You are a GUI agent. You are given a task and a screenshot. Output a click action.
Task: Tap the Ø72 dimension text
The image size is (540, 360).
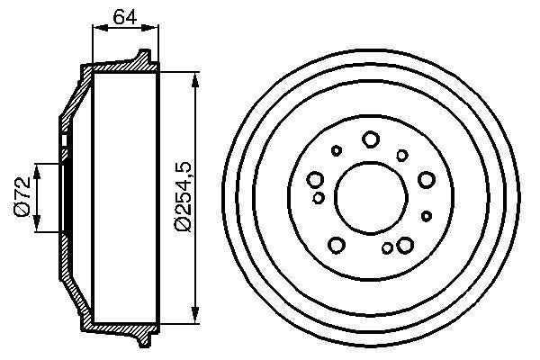(x=24, y=196)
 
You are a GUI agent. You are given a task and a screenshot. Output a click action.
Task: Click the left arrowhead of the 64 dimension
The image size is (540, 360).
(x=97, y=29)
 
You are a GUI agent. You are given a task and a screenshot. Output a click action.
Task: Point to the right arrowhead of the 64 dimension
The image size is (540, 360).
(x=153, y=29)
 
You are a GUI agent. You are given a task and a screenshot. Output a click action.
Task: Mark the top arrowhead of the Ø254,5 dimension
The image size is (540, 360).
(x=194, y=76)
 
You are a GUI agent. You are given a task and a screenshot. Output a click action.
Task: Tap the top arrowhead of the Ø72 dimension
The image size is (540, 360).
(x=38, y=168)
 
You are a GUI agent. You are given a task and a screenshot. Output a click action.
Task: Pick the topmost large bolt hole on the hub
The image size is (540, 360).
(x=371, y=139)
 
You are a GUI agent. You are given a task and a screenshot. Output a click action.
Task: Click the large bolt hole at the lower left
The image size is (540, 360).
(x=337, y=244)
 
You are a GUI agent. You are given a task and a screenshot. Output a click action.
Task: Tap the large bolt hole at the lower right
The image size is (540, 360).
(x=405, y=244)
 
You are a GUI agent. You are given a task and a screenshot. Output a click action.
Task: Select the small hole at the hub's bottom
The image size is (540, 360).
(x=387, y=248)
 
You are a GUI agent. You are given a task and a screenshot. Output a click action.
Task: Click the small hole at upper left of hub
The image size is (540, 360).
(x=337, y=151)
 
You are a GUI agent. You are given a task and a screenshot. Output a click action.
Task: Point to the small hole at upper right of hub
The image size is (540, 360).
(x=401, y=155)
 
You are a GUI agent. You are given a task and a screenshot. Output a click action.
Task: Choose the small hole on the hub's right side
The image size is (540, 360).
(x=427, y=215)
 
